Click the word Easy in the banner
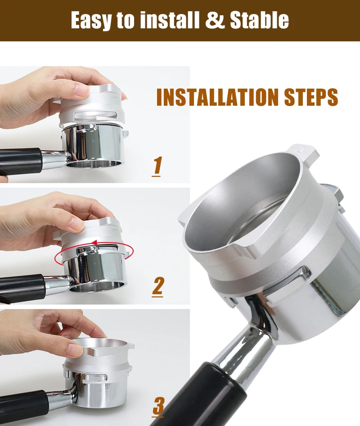91,20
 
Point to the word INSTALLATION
218,97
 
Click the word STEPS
311,97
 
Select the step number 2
157,287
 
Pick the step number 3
158,407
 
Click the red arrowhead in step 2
94,242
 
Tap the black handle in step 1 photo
20,161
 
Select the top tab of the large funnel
304,152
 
